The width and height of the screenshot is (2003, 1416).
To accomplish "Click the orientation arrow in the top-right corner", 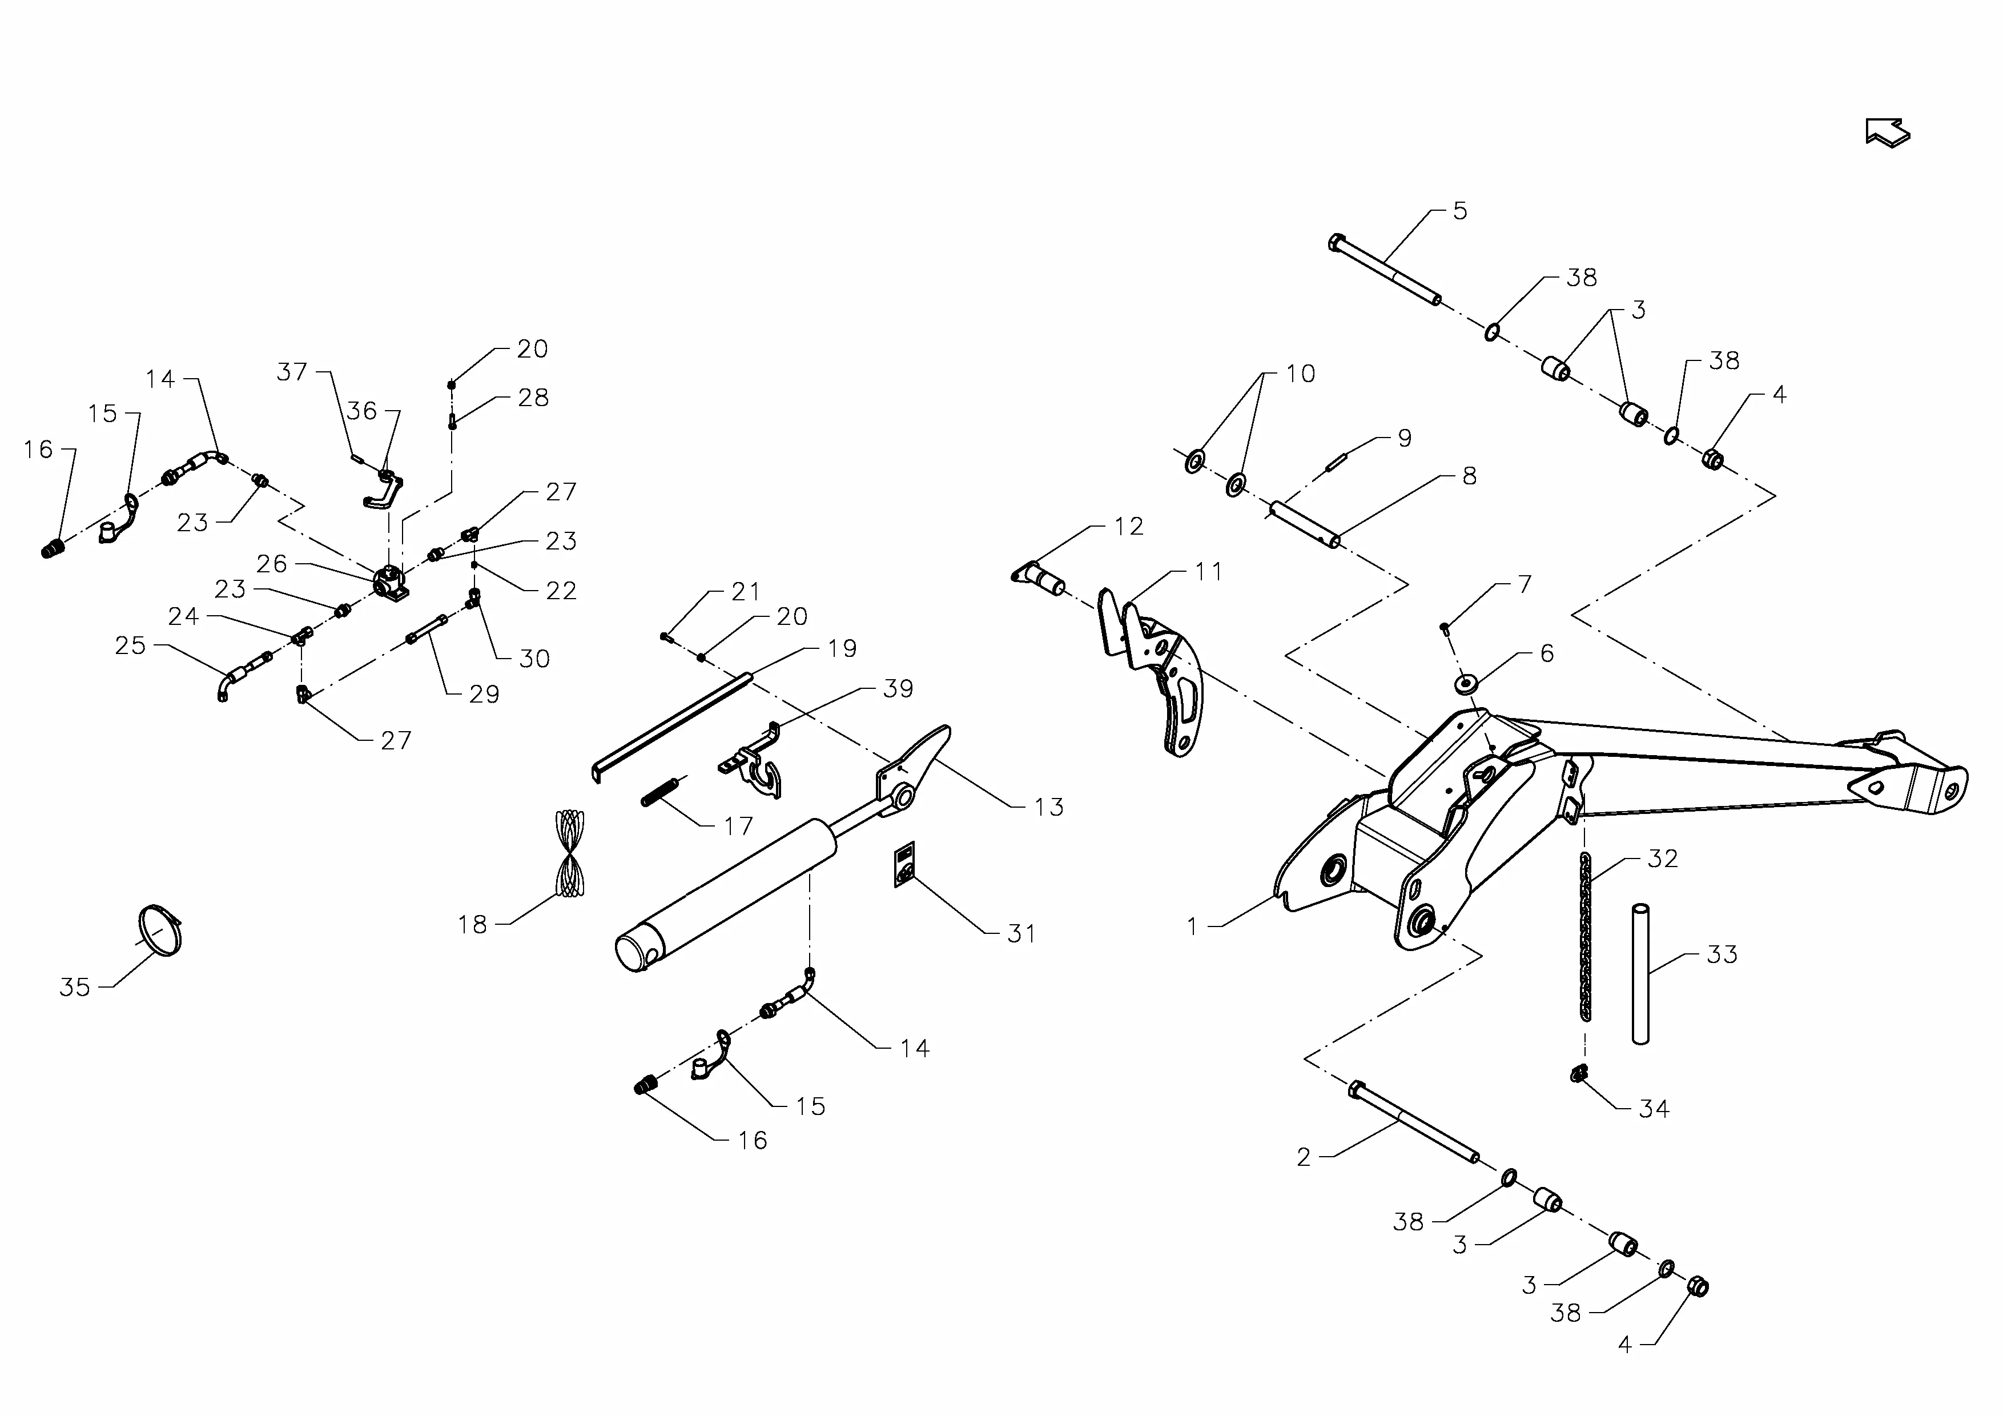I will [x=1887, y=133].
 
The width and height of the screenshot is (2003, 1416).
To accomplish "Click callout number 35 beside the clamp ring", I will [x=75, y=987].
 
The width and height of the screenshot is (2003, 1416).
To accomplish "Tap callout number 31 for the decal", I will [x=1021, y=933].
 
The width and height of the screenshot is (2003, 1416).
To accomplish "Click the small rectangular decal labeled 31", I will [x=904, y=864].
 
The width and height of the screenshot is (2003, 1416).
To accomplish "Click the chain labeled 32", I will [x=1584, y=938].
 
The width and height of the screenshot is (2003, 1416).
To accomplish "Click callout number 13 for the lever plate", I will [x=1049, y=807].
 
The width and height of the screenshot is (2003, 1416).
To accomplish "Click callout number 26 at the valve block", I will [x=271, y=564].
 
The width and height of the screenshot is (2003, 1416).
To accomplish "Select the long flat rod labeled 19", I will [x=671, y=724].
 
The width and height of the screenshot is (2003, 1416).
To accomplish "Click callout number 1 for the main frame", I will [x=1193, y=926].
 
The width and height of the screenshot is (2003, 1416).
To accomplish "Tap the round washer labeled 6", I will [x=1466, y=682].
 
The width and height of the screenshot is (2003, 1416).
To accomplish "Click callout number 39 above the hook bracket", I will [x=898, y=688].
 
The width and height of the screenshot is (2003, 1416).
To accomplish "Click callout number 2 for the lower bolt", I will [x=1304, y=1157].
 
